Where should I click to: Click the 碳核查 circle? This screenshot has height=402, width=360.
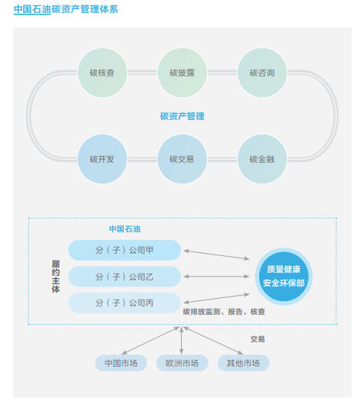click(102, 74)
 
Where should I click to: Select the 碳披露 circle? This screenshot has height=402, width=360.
click(182, 74)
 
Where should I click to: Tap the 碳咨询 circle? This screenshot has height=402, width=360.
click(262, 74)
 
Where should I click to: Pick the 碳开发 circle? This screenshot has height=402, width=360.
click(102, 160)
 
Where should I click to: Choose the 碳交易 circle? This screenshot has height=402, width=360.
click(182, 160)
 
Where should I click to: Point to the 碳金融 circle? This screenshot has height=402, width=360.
click(262, 160)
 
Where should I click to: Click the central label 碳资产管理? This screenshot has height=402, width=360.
click(182, 117)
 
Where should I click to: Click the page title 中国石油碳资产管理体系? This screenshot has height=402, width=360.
click(65, 10)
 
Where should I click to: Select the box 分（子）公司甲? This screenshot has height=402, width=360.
click(125, 250)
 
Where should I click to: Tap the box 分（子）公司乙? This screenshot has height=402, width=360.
click(125, 276)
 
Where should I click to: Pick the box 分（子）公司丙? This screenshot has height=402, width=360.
click(125, 303)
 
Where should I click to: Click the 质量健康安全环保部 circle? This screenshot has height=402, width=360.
click(283, 277)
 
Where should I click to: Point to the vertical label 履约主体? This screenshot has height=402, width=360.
click(56, 277)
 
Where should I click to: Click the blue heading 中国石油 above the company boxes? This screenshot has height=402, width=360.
click(124, 229)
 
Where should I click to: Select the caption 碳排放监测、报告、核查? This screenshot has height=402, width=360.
click(224, 312)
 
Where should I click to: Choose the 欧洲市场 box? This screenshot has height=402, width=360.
click(182, 363)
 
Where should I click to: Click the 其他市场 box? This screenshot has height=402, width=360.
click(243, 363)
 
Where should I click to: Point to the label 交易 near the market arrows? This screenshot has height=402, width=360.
click(257, 339)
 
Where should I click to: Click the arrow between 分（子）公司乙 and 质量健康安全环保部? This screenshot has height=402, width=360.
click(217, 277)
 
